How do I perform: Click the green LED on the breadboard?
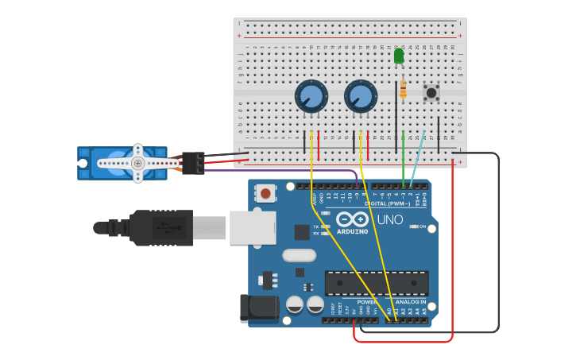[x=399, y=56]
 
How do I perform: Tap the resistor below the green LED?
[x=403, y=89]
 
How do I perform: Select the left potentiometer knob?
[x=311, y=97]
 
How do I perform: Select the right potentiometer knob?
[x=360, y=97]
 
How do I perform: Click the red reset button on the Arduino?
[x=265, y=193]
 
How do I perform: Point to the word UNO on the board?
[x=389, y=219]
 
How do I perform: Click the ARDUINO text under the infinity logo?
[x=352, y=231]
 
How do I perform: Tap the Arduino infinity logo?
[x=351, y=219]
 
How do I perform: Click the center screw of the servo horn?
[x=138, y=163]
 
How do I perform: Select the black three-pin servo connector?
[x=193, y=162]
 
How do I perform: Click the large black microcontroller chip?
[x=376, y=283]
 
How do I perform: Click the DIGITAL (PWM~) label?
[x=388, y=203]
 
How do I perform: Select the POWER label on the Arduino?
[x=366, y=302]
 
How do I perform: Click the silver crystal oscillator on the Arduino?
[x=299, y=256]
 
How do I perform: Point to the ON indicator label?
[x=422, y=226]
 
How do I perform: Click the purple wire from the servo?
[x=278, y=170]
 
